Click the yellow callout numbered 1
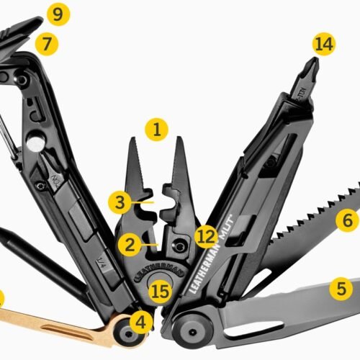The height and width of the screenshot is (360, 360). coord(156,130)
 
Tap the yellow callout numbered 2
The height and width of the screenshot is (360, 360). coord(129,245)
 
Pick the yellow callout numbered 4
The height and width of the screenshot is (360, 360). coord(142,321)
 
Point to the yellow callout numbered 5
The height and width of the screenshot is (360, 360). coord(342,289)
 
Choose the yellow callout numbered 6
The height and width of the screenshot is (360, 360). coord(347,220)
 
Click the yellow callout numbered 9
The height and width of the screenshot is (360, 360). coord(58,13)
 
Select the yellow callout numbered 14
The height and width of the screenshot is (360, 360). coord(324,44)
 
